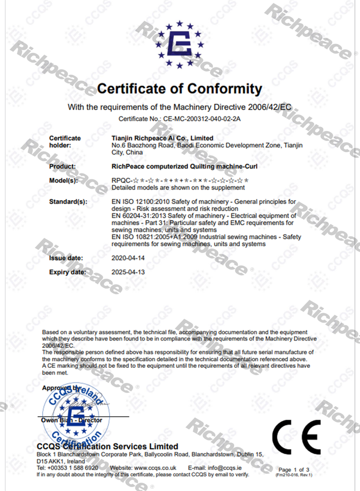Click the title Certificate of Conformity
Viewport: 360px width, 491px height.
point(179,89)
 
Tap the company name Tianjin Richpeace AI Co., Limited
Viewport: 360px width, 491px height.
point(162,138)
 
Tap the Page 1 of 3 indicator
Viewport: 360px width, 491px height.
point(294,470)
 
